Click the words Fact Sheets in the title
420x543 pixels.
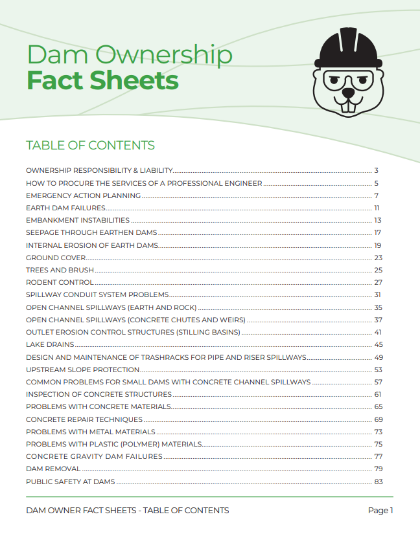click(102, 81)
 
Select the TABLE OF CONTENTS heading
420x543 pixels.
click(90, 145)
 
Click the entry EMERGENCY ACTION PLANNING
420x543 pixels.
click(83, 195)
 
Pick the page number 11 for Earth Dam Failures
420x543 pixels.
click(377, 208)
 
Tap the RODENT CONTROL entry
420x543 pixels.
click(60, 282)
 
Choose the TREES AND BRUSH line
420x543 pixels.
click(60, 270)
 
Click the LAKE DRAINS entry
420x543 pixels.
click(50, 344)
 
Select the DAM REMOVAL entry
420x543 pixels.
click(53, 469)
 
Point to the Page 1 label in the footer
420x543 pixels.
click(380, 511)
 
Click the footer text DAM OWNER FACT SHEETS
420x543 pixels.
click(81, 511)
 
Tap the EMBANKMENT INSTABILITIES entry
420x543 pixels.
click(78, 220)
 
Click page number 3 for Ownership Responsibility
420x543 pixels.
click(376, 171)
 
